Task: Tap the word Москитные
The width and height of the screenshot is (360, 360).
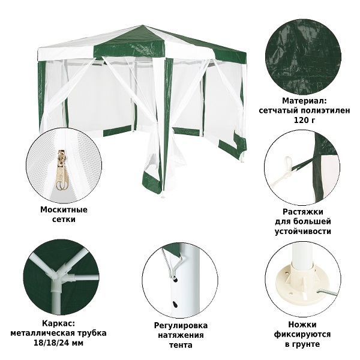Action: (x=64, y=209)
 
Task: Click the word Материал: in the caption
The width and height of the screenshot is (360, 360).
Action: (x=304, y=101)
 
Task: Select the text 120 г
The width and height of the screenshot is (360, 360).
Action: (x=304, y=120)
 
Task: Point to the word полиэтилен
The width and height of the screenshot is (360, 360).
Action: (x=326, y=110)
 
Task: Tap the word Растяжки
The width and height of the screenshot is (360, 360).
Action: (x=302, y=211)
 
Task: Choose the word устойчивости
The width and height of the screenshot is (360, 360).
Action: (x=303, y=231)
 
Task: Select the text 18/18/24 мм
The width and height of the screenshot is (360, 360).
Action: (x=58, y=343)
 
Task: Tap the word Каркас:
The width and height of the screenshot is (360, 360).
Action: (x=58, y=323)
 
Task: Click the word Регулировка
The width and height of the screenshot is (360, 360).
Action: (x=181, y=326)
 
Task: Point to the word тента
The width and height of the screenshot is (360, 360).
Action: (x=181, y=345)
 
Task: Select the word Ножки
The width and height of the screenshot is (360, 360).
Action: (x=302, y=325)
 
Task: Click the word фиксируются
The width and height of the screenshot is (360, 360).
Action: (x=302, y=334)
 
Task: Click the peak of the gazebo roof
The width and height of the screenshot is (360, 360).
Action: (x=143, y=25)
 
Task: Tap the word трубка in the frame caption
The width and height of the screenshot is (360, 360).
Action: (x=92, y=333)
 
